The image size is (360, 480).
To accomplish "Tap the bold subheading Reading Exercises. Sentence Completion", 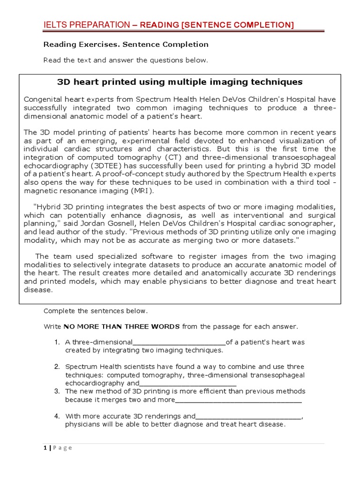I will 126,45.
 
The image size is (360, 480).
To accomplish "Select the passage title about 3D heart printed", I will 180,82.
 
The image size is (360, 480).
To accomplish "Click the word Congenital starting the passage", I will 41,99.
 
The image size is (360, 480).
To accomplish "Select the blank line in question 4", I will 249,417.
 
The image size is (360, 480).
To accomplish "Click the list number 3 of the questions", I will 57,391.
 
